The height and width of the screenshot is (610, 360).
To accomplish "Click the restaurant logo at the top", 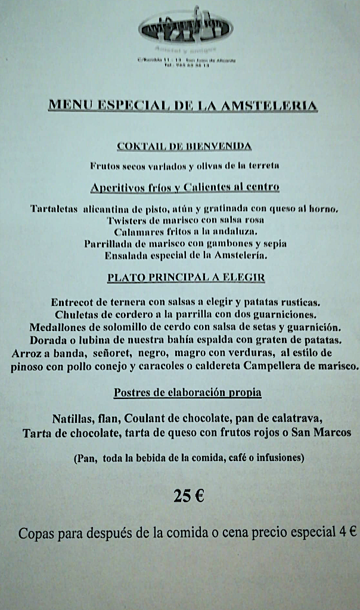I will click(x=185, y=27).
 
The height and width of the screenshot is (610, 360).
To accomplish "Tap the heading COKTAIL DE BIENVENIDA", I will click(x=184, y=146).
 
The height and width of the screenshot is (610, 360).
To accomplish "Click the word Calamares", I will click(x=138, y=231).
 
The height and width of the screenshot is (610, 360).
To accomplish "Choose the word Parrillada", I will click(x=111, y=243).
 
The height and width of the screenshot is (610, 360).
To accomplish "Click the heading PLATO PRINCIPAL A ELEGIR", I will click(x=186, y=278).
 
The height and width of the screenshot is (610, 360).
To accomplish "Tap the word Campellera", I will click(x=235, y=366).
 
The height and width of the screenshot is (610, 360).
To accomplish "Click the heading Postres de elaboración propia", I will click(x=187, y=393).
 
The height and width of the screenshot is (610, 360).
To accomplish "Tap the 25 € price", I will click(x=189, y=496).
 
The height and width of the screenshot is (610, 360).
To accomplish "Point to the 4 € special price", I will click(x=349, y=532).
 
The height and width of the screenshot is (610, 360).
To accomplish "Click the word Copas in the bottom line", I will click(x=36, y=533).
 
